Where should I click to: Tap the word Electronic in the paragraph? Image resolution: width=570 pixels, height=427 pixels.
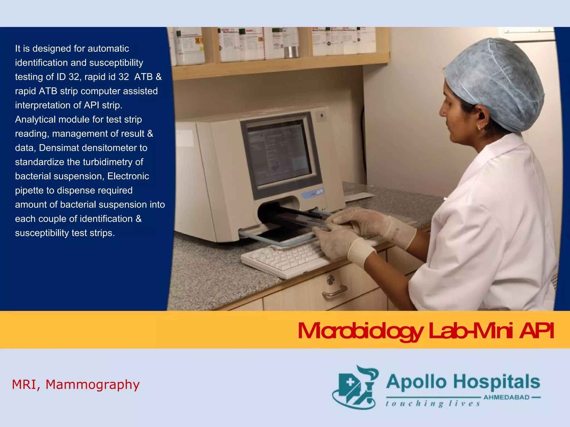click(128, 176)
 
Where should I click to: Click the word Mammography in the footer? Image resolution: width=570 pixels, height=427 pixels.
click(92, 385)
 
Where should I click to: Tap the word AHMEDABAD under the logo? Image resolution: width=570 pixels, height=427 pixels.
click(507, 397)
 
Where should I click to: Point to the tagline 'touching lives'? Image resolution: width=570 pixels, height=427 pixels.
click(433, 404)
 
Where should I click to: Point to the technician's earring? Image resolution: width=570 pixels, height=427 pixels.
click(480, 128)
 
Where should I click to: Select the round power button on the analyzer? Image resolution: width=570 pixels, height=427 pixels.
click(322, 115)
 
